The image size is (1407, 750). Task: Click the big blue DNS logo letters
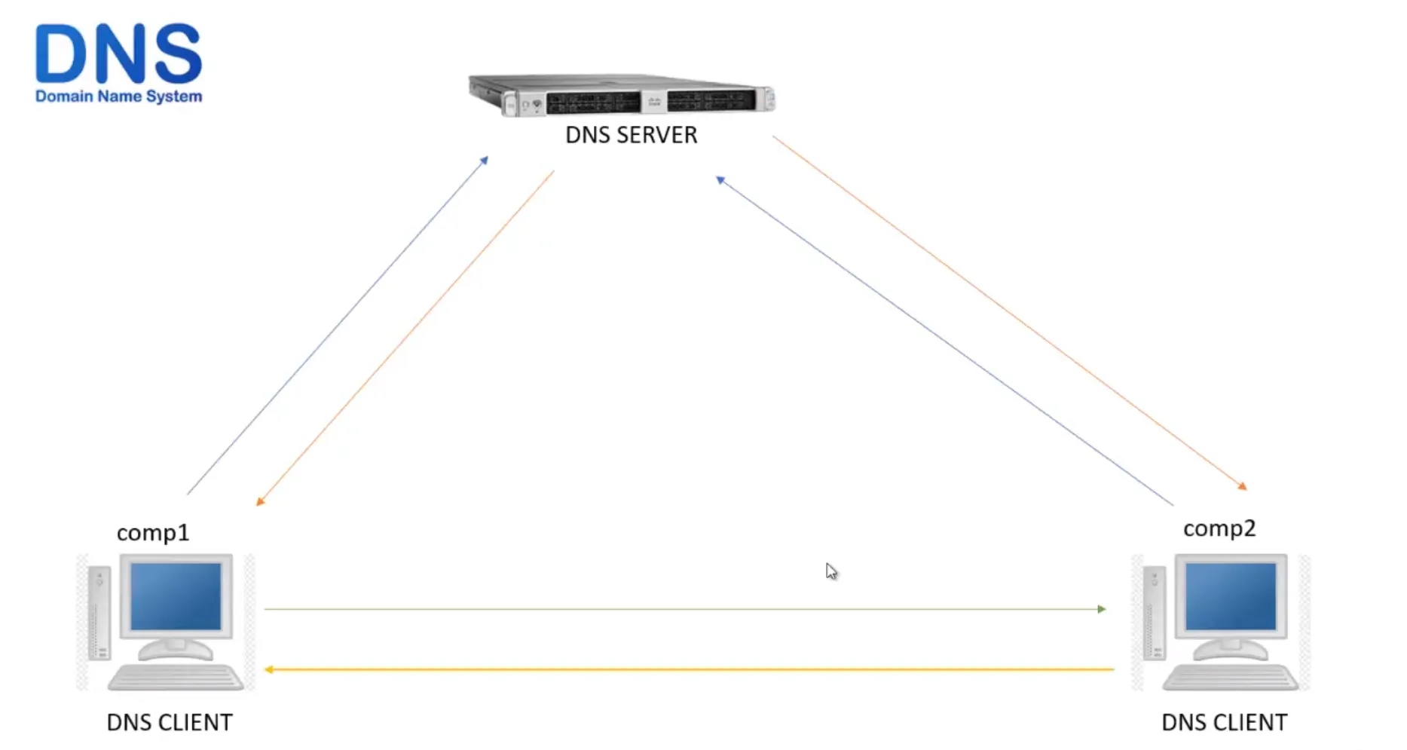coord(118,54)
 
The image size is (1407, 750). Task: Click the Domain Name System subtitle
coord(118,96)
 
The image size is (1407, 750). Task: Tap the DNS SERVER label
coord(631,135)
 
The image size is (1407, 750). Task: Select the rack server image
coord(622,96)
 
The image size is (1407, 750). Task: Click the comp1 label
coord(152,532)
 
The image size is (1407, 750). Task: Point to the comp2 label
coord(1219,528)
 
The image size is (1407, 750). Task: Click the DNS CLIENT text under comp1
coord(170,722)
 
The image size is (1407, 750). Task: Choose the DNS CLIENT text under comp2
coord(1224,722)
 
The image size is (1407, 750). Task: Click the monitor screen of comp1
coord(176,596)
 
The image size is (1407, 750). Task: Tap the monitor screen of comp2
coord(1230,596)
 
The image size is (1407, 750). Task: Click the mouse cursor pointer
coord(830,571)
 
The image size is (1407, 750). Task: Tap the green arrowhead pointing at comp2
coord(1102,609)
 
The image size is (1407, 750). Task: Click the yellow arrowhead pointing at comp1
coord(269,669)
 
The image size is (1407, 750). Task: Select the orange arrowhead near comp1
coord(260,501)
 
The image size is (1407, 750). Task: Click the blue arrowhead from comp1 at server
coord(485,160)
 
